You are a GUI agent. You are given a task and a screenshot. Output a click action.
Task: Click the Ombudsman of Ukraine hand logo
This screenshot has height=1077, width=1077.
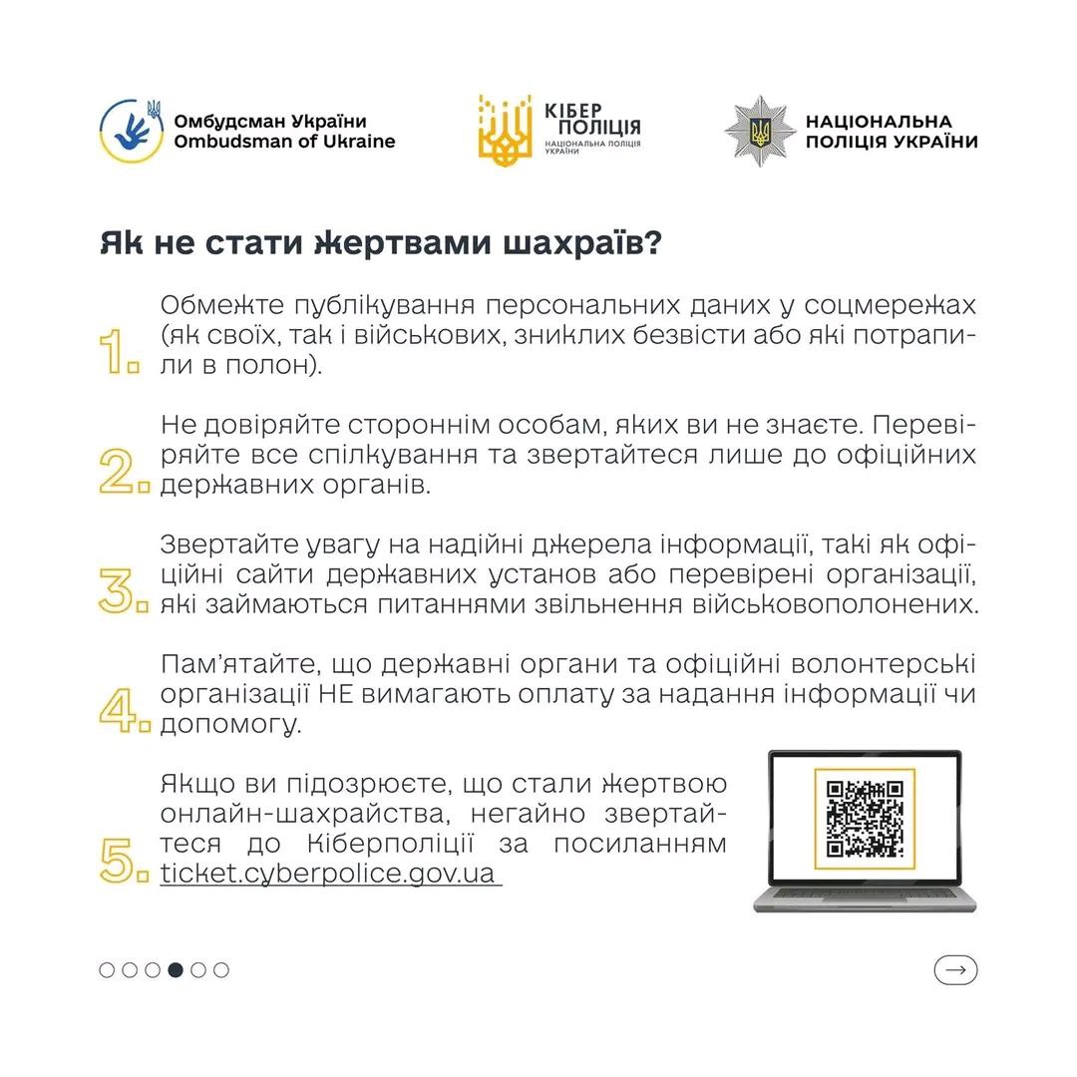click(132, 131)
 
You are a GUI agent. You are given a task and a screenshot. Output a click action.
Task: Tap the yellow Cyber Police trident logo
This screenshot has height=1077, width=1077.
click(505, 131)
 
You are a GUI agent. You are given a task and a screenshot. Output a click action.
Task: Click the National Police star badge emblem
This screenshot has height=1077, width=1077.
click(759, 131)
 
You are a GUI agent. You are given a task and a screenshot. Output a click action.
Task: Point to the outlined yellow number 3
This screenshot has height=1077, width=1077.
click(123, 590)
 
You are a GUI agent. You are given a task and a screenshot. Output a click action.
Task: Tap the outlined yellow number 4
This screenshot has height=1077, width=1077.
click(123, 709)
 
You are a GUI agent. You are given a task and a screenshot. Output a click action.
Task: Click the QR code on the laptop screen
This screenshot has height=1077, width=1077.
click(864, 819)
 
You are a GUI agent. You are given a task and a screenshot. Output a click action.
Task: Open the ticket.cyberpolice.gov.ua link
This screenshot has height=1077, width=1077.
click(328, 874)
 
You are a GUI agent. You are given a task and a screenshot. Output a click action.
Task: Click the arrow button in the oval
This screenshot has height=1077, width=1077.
click(955, 969)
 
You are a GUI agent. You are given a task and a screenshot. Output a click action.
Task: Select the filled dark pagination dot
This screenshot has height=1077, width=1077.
click(176, 969)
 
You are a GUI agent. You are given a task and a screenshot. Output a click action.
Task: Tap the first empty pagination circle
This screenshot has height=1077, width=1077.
click(107, 969)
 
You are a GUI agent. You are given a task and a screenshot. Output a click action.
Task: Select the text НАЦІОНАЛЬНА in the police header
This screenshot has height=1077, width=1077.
click(879, 122)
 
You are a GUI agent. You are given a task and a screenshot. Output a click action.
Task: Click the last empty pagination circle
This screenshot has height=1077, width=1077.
click(221, 969)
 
